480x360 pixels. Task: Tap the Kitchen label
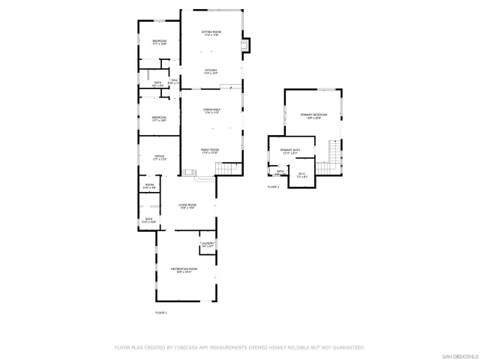210,70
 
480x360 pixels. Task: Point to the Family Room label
210,151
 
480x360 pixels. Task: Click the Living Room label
187,205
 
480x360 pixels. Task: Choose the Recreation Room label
184,270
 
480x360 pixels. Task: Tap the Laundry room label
208,244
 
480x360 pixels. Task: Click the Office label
159,157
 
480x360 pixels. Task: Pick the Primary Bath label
290,151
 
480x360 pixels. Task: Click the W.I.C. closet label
301,175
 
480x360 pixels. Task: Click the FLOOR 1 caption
161,312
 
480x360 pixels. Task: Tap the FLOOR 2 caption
273,187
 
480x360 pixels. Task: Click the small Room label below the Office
148,186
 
